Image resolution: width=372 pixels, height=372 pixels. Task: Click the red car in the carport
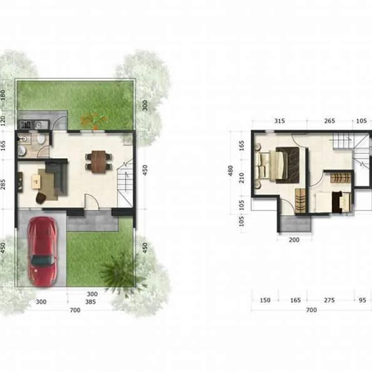[42, 251]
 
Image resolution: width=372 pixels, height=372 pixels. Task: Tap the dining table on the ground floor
[98, 161]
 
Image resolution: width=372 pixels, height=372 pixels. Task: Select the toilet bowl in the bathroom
[41, 139]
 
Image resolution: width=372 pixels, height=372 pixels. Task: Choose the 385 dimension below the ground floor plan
[91, 301]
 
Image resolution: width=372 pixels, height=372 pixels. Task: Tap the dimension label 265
[330, 121]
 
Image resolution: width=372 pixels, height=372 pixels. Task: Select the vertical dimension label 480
[231, 171]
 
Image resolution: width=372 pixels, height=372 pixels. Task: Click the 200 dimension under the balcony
[294, 240]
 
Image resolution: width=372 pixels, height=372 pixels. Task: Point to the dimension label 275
[330, 300]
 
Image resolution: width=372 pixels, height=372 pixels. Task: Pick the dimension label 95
[362, 300]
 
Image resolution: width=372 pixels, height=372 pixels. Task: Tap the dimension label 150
[265, 300]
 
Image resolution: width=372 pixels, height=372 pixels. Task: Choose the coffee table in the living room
[36, 180]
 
